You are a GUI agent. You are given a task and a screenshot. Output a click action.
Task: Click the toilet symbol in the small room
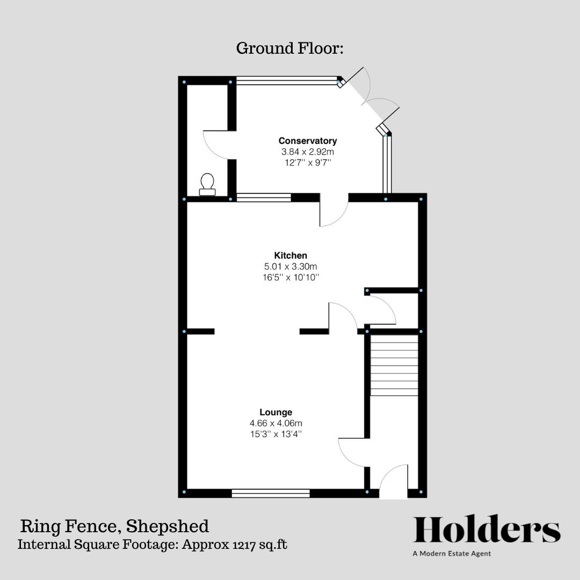pyautogui.click(x=207, y=184)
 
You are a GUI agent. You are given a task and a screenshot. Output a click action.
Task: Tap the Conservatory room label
pyautogui.click(x=308, y=141)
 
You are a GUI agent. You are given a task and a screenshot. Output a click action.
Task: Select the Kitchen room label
pyautogui.click(x=291, y=255)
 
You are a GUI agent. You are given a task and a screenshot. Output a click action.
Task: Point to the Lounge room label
pyautogui.click(x=276, y=412)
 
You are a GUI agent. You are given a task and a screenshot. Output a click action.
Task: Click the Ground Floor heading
pyautogui.click(x=289, y=48)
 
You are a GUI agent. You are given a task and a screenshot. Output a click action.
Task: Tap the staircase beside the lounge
pyautogui.click(x=394, y=365)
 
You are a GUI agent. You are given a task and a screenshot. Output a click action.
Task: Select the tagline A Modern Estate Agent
pyautogui.click(x=452, y=554)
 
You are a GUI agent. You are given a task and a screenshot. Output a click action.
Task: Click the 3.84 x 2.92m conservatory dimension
pyautogui.click(x=308, y=151)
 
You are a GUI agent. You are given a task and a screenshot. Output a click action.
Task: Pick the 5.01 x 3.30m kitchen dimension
pyautogui.click(x=291, y=266)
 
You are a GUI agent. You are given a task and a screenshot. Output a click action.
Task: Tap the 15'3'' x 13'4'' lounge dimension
pyautogui.click(x=276, y=433)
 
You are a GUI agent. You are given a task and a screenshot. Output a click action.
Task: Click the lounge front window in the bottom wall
pyautogui.click(x=271, y=492)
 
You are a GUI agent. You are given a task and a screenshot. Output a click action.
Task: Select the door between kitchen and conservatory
pyautogui.click(x=333, y=212)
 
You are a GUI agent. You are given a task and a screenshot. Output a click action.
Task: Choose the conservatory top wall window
pyautogui.click(x=286, y=81)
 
